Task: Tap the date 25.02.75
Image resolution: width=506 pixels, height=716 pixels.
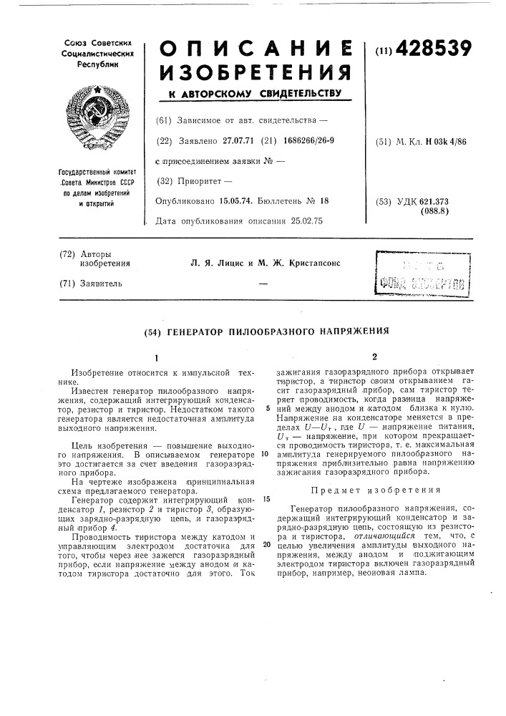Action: click(305, 221)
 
